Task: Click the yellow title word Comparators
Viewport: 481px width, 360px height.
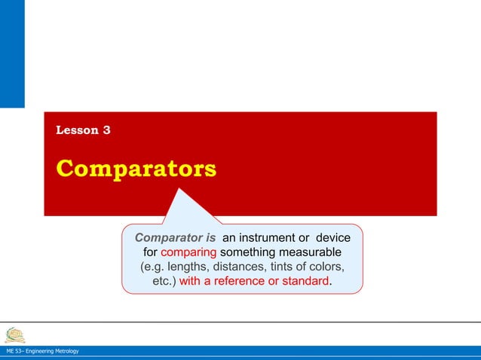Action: coord(136,169)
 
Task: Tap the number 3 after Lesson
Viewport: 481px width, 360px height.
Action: coord(106,130)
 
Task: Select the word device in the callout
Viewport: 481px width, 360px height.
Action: coord(332,237)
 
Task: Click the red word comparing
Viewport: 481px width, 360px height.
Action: coord(188,252)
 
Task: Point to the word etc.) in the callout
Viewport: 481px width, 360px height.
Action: coord(164,281)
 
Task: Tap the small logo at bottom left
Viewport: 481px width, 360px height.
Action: coord(14,334)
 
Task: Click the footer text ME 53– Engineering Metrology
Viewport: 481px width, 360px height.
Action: coord(41,352)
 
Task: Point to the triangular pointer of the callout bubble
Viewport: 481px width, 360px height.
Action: coord(183,207)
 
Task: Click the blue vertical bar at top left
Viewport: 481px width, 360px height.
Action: coord(12,53)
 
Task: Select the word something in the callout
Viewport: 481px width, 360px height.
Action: coord(247,252)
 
